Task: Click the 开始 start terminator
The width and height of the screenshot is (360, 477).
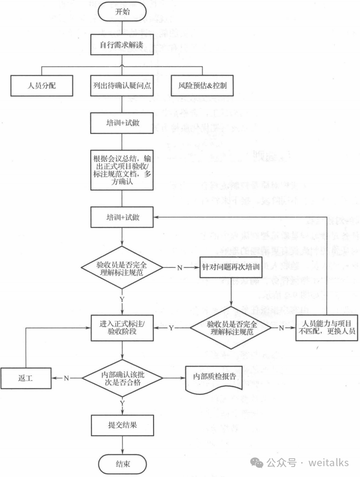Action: point(122,12)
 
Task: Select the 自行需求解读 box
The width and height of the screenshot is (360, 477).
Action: point(122,45)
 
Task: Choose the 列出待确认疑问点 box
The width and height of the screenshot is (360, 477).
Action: point(122,86)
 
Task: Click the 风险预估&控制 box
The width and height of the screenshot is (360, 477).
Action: point(202,86)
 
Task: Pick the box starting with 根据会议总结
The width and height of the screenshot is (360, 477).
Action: point(122,170)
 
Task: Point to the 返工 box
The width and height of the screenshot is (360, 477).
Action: point(26,379)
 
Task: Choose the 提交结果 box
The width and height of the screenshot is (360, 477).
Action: point(122,426)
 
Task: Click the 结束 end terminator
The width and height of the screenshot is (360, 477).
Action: point(122,463)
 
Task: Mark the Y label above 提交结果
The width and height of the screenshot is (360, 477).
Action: point(122,403)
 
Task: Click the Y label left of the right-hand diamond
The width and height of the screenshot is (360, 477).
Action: point(171,328)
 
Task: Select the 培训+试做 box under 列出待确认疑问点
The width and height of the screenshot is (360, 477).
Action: point(122,124)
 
